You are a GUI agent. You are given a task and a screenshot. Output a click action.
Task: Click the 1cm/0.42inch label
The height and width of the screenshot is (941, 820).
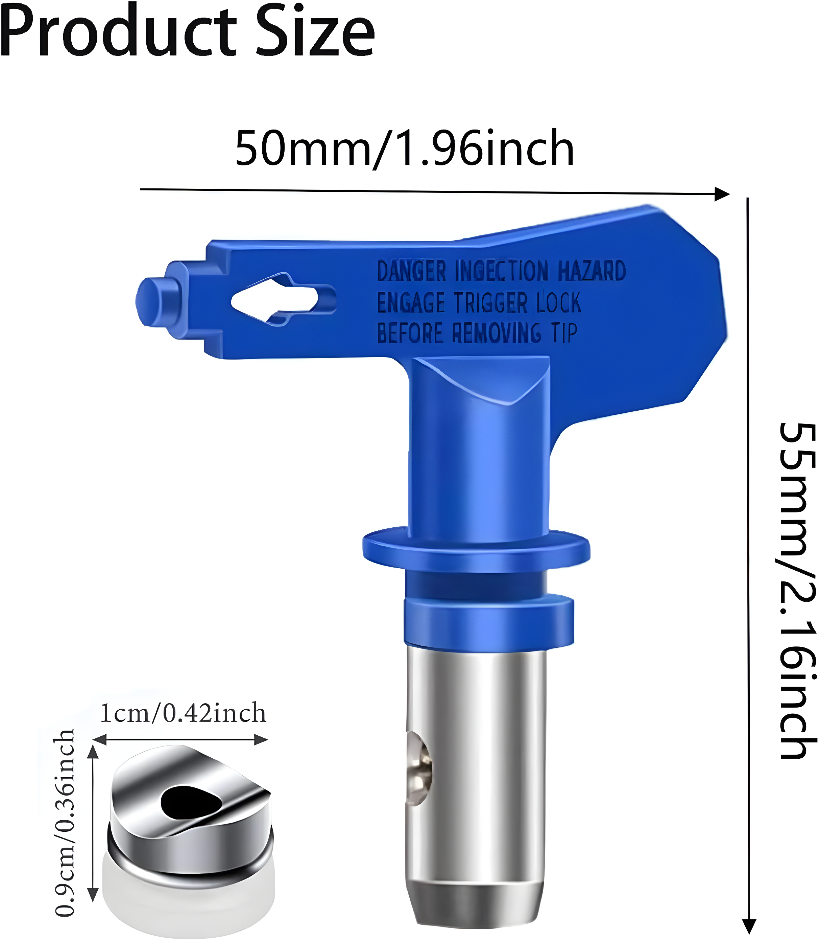tap(183, 713)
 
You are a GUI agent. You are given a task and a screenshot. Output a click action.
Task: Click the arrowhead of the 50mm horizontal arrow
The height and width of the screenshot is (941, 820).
tap(722, 194)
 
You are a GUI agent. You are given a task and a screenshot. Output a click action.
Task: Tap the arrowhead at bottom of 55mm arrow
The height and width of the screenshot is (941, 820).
tap(749, 926)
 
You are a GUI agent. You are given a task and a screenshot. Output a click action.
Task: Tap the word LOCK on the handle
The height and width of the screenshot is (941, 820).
tap(559, 303)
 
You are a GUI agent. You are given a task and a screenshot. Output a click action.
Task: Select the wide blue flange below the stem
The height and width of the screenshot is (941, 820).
tap(476, 550)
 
